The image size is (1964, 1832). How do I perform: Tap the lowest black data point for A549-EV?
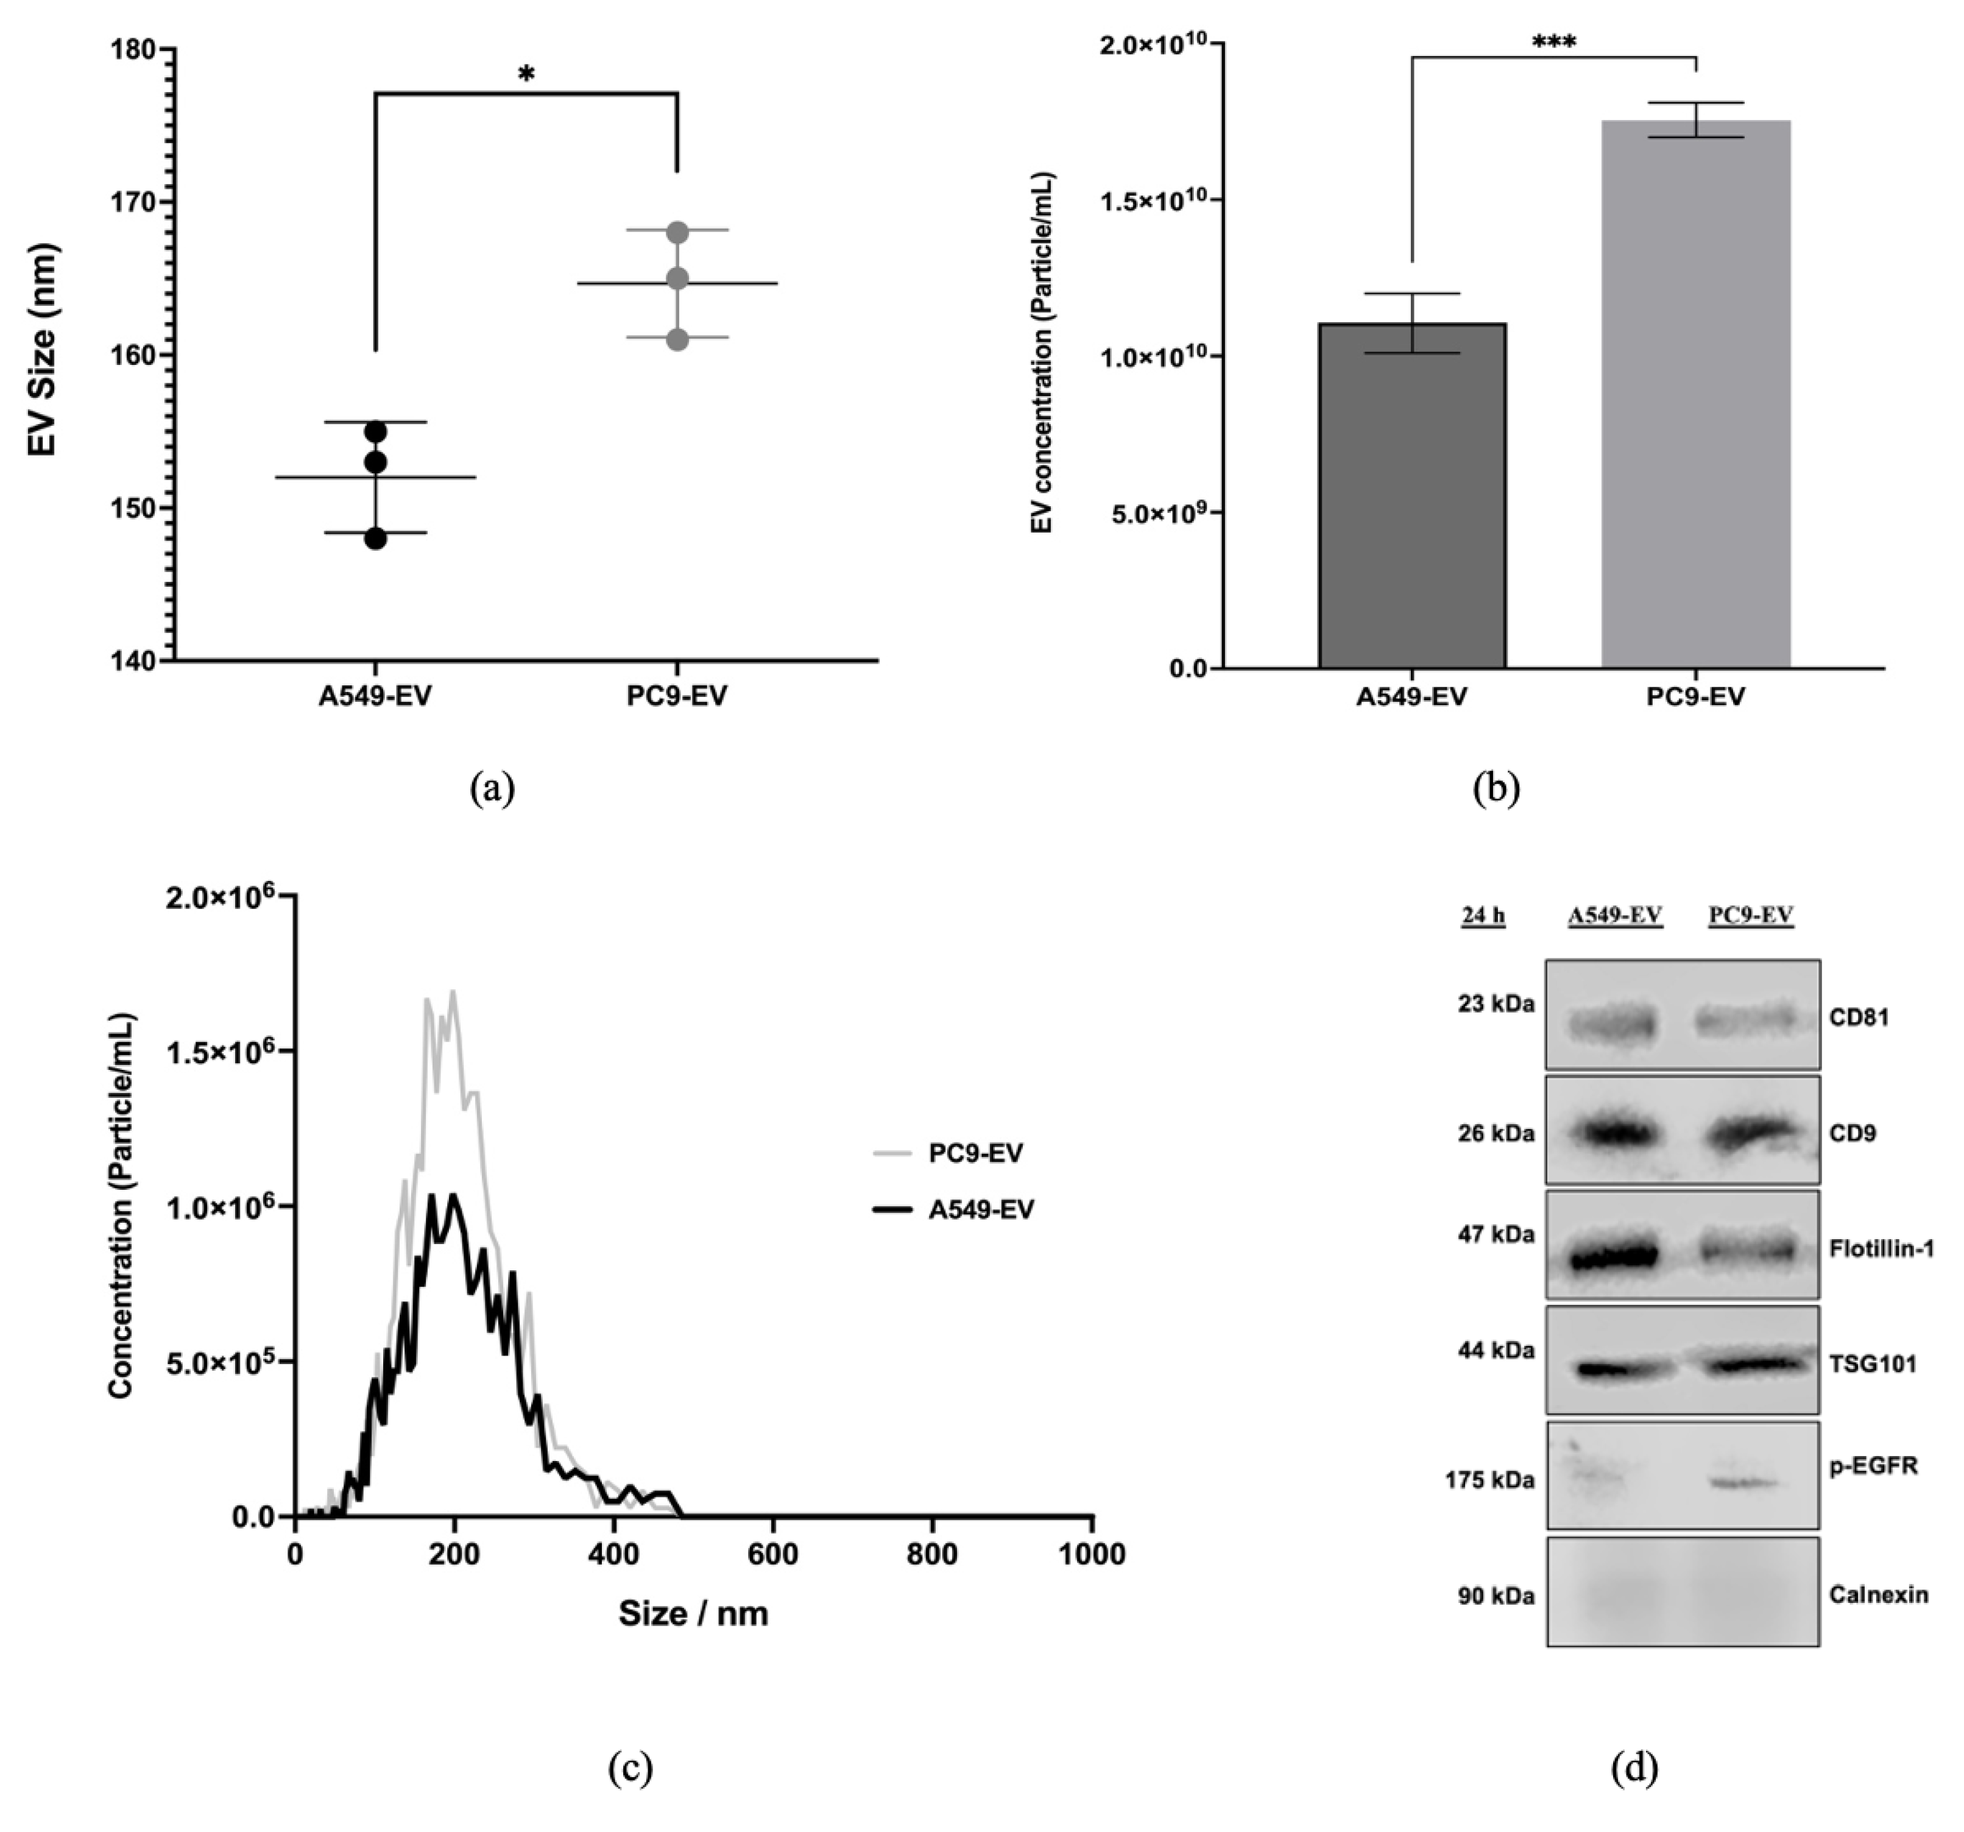(x=375, y=539)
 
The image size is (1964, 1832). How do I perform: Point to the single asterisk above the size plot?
(x=526, y=74)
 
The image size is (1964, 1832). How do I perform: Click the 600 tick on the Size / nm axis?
(x=772, y=1554)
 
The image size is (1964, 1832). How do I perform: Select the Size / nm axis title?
(x=693, y=1614)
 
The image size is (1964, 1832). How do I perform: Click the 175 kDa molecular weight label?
(x=1490, y=1480)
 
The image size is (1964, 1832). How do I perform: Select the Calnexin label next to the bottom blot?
(x=1878, y=1594)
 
